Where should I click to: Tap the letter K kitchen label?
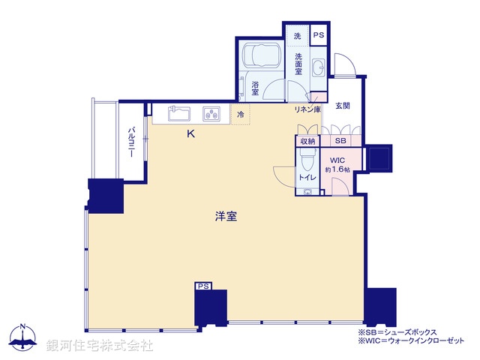(190, 134)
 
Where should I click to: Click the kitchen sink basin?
(178, 114)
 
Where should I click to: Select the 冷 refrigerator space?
(240, 115)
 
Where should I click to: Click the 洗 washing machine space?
(297, 36)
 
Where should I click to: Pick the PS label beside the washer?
(319, 35)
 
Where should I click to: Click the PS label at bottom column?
(202, 286)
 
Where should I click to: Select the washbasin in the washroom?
(318, 67)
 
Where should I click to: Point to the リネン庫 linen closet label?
(307, 110)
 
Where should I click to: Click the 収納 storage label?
(307, 140)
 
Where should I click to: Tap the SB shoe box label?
(340, 140)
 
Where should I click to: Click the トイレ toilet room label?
(307, 178)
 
